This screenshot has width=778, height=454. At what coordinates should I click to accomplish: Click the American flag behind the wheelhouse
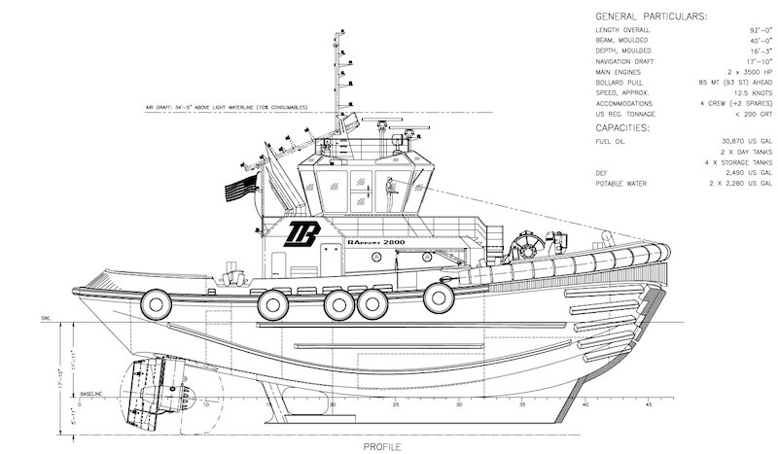pyautogui.click(x=239, y=189)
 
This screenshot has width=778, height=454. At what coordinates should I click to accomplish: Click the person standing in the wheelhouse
pyautogui.click(x=389, y=195)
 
